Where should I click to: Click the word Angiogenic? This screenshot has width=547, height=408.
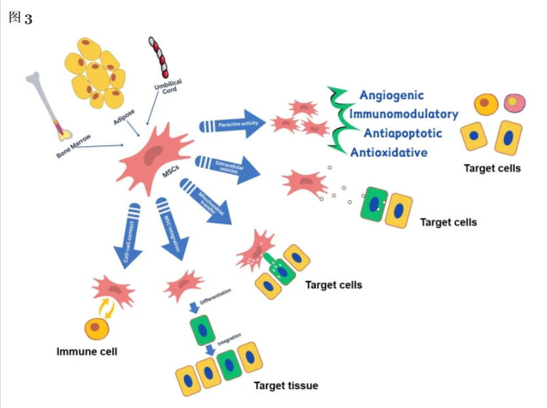coord(391,96)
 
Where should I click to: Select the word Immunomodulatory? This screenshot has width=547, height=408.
coord(404,114)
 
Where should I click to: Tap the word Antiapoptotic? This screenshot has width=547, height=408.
coord(398,133)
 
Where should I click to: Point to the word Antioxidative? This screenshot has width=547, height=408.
coord(388,153)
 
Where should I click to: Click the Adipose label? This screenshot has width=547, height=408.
coord(124,117)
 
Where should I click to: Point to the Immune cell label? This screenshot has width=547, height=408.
coord(87,352)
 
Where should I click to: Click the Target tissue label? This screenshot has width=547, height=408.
coord(286,385)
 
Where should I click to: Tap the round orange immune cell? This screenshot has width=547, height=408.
coord(96,327)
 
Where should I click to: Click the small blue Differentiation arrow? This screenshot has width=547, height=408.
coord(194,307)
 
